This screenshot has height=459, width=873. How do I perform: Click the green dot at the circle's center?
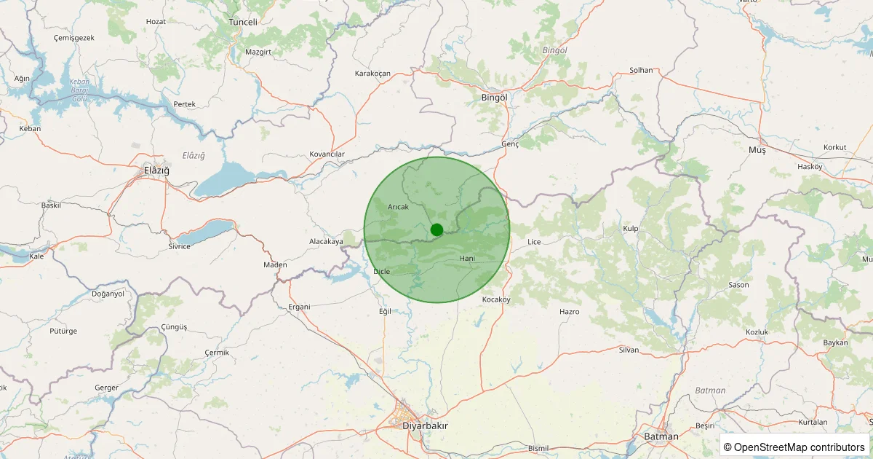point(436,230)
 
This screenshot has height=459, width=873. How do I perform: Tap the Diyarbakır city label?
point(426,425)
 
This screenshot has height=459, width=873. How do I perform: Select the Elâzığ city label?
point(156,170)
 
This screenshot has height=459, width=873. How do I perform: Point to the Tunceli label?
point(243,22)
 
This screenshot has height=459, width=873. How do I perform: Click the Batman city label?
point(661,436)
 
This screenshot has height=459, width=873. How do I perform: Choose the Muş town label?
point(757,149)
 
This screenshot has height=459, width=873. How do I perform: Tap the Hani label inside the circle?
point(467,259)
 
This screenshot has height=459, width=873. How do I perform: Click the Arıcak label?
point(399,207)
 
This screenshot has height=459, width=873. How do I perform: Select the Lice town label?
point(534,242)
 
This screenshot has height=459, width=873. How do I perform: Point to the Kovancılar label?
point(327,154)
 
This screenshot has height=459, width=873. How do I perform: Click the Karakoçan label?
point(372,74)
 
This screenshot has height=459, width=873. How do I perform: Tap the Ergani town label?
point(299,307)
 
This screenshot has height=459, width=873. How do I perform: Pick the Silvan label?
point(629,350)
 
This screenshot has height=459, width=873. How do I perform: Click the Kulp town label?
point(631,229)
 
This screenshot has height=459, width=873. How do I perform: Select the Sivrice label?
point(179,246)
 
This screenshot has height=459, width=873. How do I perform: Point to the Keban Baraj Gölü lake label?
point(79,90)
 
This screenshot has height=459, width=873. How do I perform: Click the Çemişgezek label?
point(74,37)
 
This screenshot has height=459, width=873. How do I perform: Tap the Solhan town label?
point(641,71)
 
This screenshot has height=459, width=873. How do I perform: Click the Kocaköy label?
point(497,299)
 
